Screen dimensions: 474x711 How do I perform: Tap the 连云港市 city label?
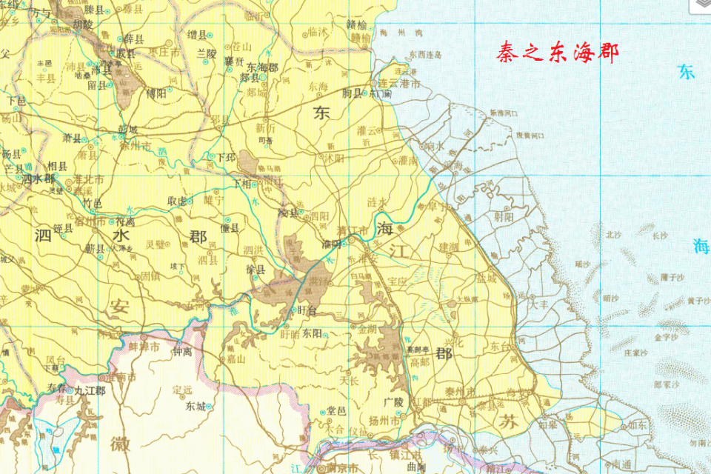[400, 84]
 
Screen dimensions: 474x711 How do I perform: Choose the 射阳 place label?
[504, 217]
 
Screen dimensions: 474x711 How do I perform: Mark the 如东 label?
[638, 425]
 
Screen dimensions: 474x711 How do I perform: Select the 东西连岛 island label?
[425, 56]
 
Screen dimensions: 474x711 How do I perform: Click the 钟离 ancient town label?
[182, 352]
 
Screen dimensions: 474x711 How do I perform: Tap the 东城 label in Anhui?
[196, 406]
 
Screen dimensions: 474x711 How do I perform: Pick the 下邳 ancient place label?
[226, 157]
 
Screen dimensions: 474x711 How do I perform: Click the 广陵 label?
[393, 401]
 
